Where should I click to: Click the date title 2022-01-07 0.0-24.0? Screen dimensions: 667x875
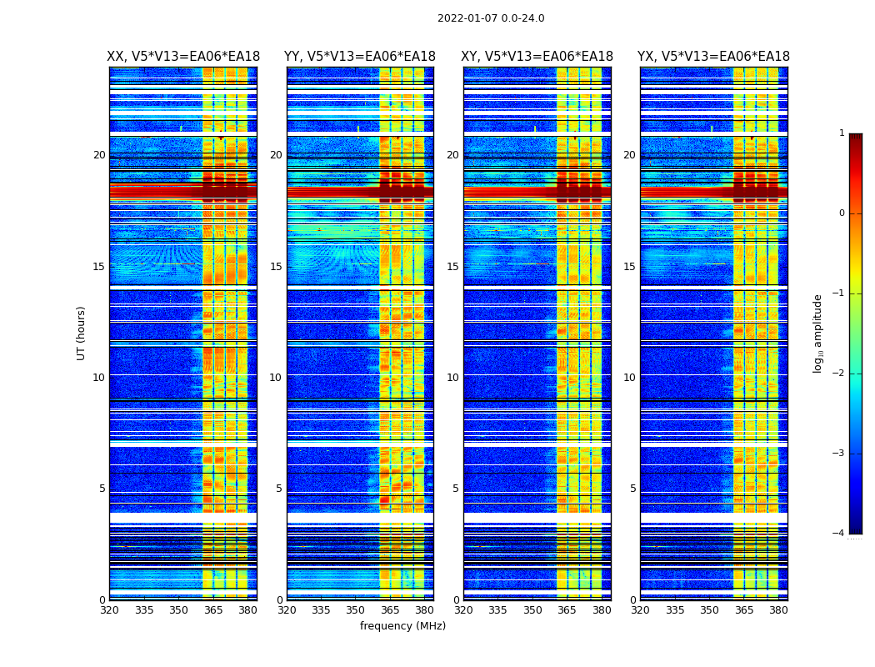[x=491, y=18]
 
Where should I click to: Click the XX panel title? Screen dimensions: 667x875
[x=183, y=57]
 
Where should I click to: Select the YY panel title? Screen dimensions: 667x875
[x=360, y=57]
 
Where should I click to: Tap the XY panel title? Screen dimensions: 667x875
[x=537, y=57]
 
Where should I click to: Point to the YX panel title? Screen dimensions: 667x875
[x=713, y=57]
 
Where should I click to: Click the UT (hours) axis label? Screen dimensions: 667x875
[x=82, y=333]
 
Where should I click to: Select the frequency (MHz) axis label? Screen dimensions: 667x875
[x=402, y=626]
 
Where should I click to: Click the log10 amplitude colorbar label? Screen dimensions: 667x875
[x=818, y=333]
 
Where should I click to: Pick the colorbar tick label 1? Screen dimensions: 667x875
[x=842, y=133]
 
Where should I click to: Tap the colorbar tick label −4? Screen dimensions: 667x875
[x=839, y=534]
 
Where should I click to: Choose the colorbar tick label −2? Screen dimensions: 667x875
[x=839, y=374]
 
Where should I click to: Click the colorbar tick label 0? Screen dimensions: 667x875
[x=842, y=213]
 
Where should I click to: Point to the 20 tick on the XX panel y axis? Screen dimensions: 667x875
[x=99, y=155]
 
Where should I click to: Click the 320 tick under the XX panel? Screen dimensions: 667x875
[x=109, y=610]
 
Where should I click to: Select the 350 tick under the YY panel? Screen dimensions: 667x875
[x=356, y=610]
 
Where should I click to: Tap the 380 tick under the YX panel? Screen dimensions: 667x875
[x=778, y=610]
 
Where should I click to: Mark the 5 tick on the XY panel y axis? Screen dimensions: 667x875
[x=456, y=489]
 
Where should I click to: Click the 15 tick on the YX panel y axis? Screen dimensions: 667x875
[x=629, y=267]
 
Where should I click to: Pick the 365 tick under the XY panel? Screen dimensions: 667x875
[x=567, y=610]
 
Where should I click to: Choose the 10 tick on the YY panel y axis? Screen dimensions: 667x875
[x=276, y=378]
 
